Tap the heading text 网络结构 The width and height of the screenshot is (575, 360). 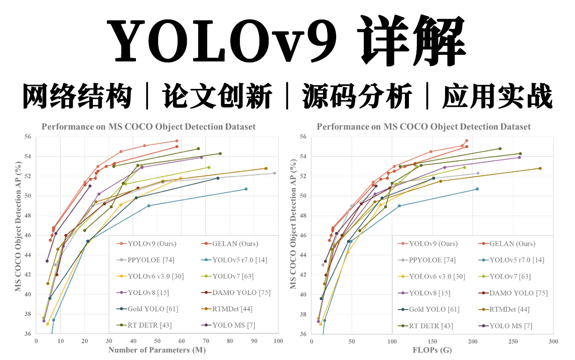[78, 97]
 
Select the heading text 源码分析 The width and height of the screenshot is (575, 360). [357, 97]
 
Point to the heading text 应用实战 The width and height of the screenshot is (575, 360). [497, 97]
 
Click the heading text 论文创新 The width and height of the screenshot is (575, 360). [217, 97]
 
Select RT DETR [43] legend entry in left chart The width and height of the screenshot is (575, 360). [150, 325]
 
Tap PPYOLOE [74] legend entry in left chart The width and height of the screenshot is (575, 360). [151, 260]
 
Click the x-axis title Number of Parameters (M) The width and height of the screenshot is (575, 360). [156, 349]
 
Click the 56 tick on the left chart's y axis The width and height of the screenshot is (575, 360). [27, 137]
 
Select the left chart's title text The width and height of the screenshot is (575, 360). [149, 127]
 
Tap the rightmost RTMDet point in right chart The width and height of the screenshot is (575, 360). [540, 168]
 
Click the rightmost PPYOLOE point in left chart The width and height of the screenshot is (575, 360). [274, 173]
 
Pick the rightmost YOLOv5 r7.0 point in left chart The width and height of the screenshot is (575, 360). [246, 189]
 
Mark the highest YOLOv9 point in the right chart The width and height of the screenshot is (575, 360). [467, 141]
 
